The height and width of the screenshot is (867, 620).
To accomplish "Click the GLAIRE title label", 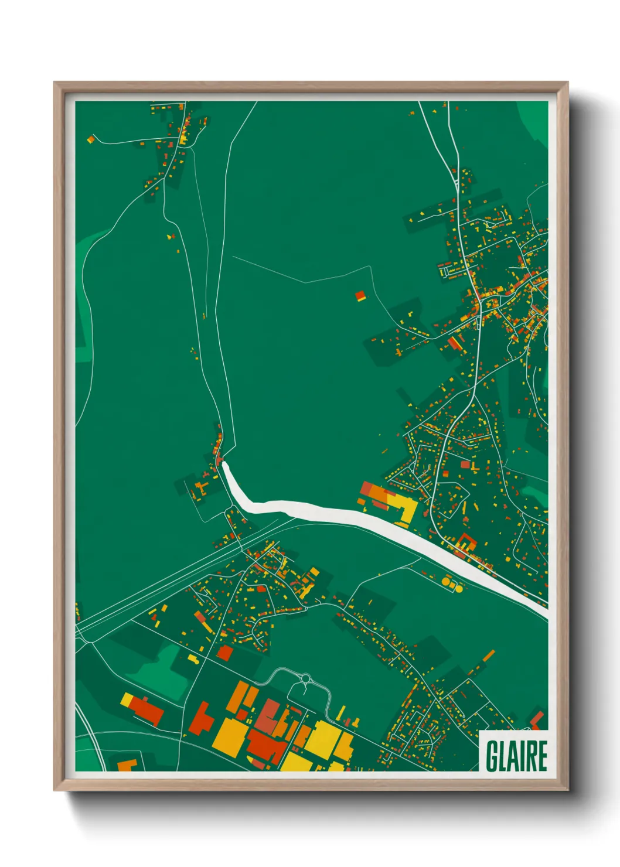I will click(x=516, y=756).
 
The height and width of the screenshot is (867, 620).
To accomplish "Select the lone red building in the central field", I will click(x=360, y=296).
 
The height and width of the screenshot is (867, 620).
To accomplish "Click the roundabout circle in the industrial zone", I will click(x=305, y=679).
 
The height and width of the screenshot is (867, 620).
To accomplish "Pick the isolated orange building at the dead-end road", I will click(x=91, y=139).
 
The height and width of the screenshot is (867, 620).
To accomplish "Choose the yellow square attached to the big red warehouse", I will click(x=127, y=699).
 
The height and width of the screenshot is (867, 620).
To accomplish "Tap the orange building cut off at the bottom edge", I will click(x=127, y=765).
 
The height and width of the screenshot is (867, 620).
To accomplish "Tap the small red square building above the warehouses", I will click(x=225, y=653).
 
